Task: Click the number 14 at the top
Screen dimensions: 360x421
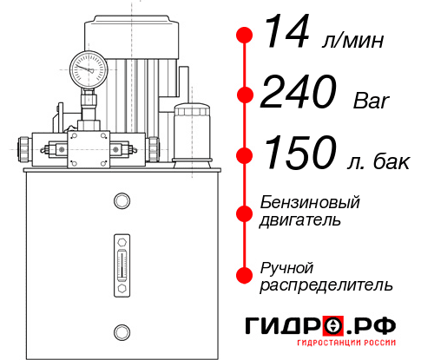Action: point(287,34)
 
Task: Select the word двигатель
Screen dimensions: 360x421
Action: point(300,220)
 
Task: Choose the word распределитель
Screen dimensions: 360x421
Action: point(326,285)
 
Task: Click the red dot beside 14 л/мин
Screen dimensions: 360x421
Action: point(245,35)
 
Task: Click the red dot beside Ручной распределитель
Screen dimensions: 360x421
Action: point(245,275)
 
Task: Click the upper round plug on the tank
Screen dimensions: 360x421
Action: point(121,202)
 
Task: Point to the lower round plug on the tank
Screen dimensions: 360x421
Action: point(121,330)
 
